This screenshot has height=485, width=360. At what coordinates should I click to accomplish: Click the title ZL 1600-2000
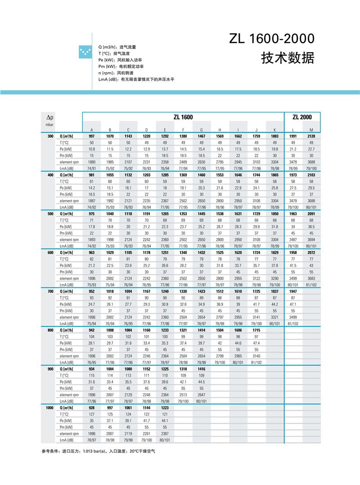click(271, 39)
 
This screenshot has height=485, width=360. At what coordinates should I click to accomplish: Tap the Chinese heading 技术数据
click(288, 59)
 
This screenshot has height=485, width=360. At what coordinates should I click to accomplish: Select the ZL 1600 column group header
click(183, 117)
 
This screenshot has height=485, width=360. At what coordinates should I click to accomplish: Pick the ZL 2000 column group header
click(302, 117)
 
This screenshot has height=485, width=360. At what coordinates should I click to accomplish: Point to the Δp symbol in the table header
click(50, 117)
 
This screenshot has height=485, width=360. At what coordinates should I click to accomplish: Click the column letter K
click(274, 130)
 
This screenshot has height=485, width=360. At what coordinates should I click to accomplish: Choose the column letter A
click(92, 130)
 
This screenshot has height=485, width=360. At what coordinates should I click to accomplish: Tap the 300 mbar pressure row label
click(50, 136)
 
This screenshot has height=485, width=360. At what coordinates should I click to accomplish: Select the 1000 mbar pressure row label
click(49, 408)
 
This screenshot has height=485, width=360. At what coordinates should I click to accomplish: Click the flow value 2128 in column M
click(311, 136)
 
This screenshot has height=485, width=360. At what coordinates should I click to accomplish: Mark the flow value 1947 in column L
click(293, 291)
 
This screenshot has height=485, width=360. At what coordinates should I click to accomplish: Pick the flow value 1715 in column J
click(256, 330)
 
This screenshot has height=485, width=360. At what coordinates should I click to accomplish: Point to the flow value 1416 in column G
click(201, 369)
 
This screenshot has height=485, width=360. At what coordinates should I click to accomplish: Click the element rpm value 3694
click(311, 240)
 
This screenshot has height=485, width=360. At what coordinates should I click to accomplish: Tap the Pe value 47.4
click(256, 343)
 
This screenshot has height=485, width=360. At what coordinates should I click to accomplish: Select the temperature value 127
click(92, 414)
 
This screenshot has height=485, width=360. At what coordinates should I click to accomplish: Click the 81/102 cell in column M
click(311, 285)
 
